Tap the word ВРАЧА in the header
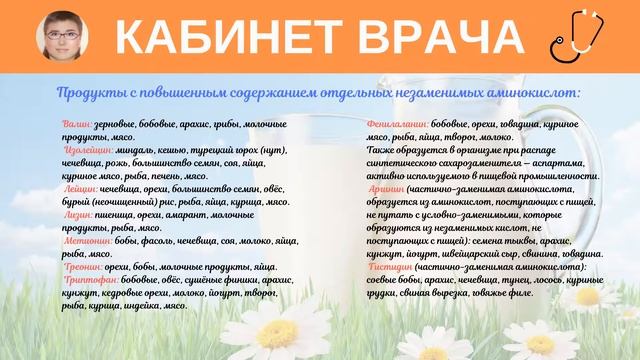435,37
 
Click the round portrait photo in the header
59,37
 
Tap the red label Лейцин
80,187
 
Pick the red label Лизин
79,215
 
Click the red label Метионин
88,243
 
